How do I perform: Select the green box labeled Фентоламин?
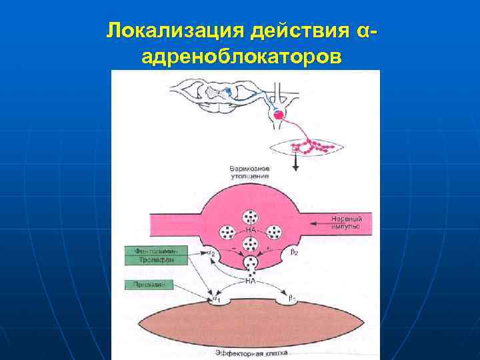[x=155, y=251]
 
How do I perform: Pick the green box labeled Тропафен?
[x=155, y=261]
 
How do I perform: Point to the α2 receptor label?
[x=212, y=254]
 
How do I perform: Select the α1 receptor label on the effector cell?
[x=215, y=301]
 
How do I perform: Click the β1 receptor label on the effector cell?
[x=292, y=301]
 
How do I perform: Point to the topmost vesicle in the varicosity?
[x=251, y=218]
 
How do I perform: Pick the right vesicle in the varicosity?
[x=274, y=232]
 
